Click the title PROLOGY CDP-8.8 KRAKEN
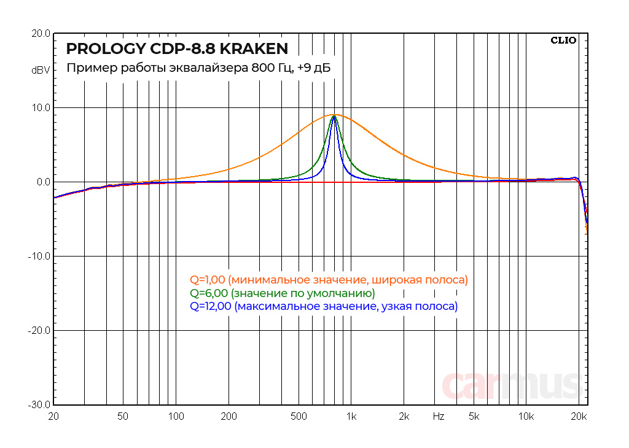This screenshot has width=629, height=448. (x=176, y=48)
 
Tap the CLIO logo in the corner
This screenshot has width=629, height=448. (x=563, y=41)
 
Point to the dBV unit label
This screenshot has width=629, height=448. (x=41, y=71)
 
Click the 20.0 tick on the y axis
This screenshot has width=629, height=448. (x=41, y=34)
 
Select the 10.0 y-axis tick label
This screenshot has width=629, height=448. (x=41, y=108)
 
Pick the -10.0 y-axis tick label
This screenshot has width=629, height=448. (x=39, y=257)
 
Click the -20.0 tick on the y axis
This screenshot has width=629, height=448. (x=39, y=331)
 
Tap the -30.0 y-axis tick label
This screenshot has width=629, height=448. (x=39, y=405)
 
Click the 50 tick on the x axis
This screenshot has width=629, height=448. (x=123, y=417)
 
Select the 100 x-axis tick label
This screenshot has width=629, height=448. (x=176, y=417)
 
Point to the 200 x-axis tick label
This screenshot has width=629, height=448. (x=229, y=417)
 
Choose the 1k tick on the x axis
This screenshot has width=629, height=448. (x=351, y=417)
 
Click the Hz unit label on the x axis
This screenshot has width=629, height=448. (x=438, y=417)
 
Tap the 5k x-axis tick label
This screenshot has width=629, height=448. (x=474, y=417)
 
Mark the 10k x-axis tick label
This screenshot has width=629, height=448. (x=526, y=417)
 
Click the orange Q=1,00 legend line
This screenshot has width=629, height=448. (x=329, y=280)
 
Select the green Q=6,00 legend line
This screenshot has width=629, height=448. (x=282, y=293)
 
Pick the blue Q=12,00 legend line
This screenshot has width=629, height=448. (x=324, y=306)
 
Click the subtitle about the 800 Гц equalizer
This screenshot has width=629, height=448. (x=198, y=68)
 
